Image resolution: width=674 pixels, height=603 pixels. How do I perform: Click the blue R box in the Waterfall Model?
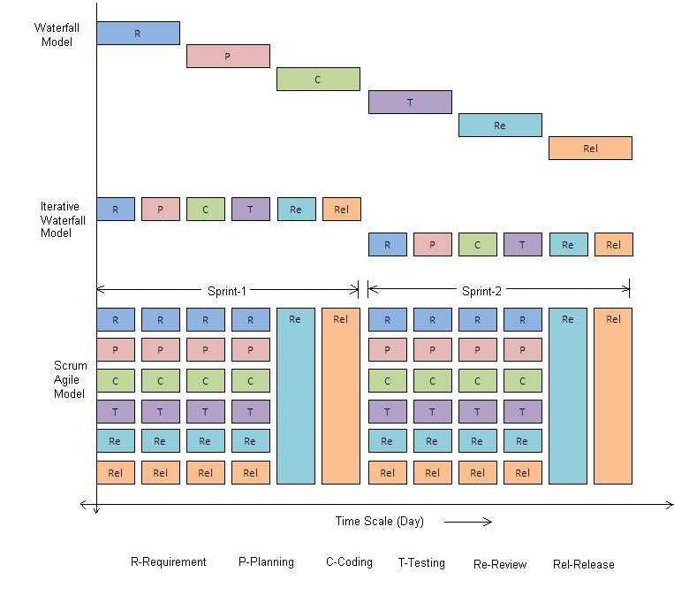tap(138, 34)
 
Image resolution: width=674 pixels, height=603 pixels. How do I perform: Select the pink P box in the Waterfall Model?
tap(228, 57)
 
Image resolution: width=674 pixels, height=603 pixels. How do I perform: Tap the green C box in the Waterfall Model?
tap(318, 80)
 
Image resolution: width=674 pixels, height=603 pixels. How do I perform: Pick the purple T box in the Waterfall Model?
tap(410, 103)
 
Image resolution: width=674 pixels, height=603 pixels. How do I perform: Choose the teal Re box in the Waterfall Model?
tap(500, 126)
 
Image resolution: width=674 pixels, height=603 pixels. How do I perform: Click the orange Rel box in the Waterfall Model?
tap(590, 149)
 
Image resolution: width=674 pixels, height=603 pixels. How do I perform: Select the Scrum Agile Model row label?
tap(70, 379)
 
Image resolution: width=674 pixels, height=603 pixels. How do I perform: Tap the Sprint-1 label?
tap(228, 290)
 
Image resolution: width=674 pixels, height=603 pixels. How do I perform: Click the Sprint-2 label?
tap(482, 290)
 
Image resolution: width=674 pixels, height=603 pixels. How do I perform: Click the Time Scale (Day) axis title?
tap(379, 522)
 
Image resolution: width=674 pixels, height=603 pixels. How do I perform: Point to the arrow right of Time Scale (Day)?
tap(468, 522)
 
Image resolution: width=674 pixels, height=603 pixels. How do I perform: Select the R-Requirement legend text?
tap(168, 562)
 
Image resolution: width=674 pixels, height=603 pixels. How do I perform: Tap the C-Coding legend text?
tap(349, 562)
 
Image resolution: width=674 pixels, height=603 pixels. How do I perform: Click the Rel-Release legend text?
tap(583, 564)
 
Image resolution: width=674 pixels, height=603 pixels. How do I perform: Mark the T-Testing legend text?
tap(421, 562)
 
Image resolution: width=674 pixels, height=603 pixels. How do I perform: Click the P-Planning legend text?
tap(266, 562)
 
